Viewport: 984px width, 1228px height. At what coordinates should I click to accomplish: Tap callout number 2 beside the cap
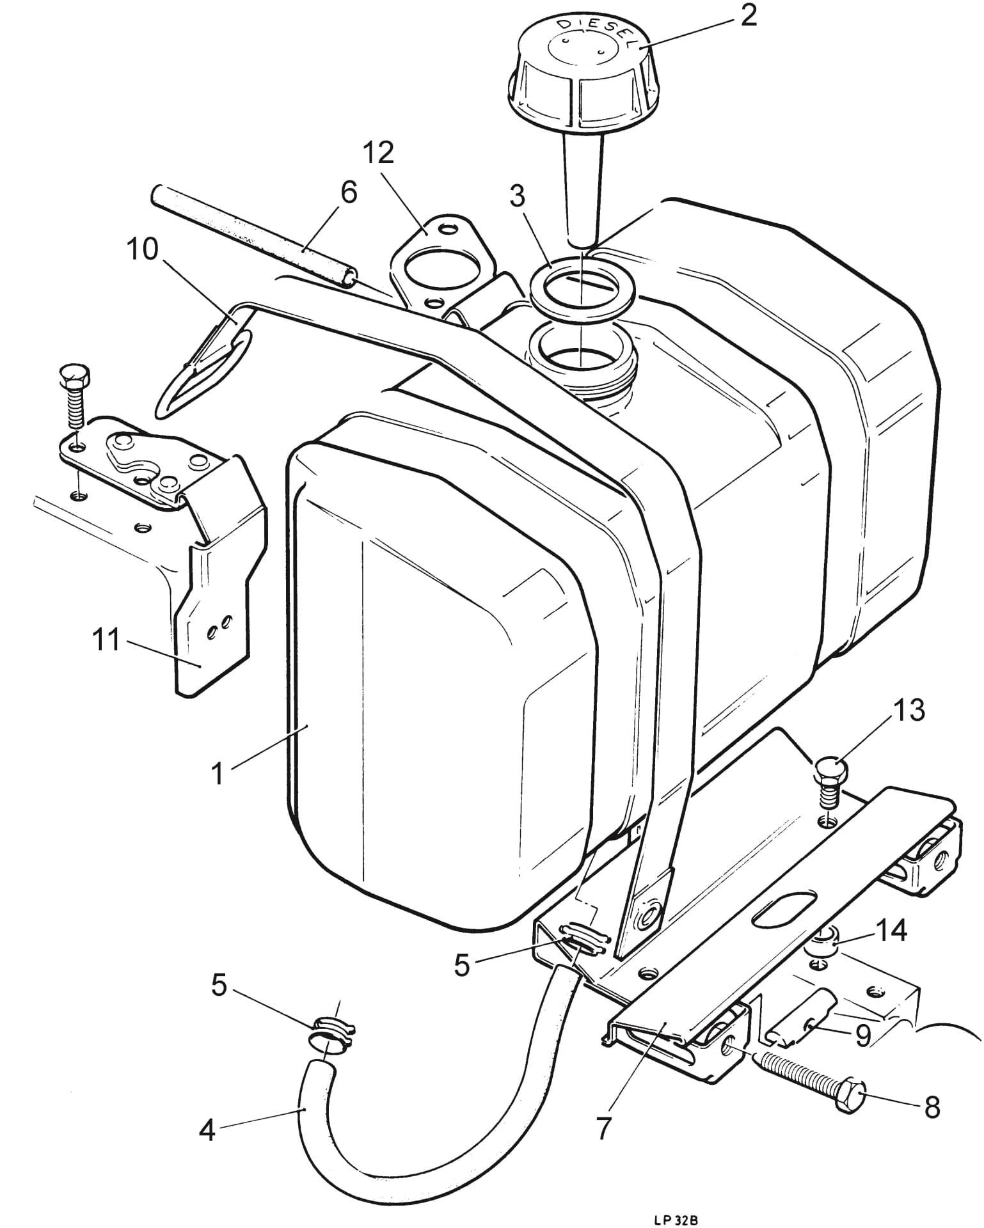coord(748,17)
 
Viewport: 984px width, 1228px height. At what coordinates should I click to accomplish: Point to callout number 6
coord(349,193)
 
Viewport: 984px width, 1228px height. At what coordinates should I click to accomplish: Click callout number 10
coord(141,249)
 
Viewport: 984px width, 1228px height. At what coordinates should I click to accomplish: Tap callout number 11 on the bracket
coord(106,640)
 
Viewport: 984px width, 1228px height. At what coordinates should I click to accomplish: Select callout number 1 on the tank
coord(218,773)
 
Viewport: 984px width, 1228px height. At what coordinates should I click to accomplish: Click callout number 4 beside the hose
coord(207,1131)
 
